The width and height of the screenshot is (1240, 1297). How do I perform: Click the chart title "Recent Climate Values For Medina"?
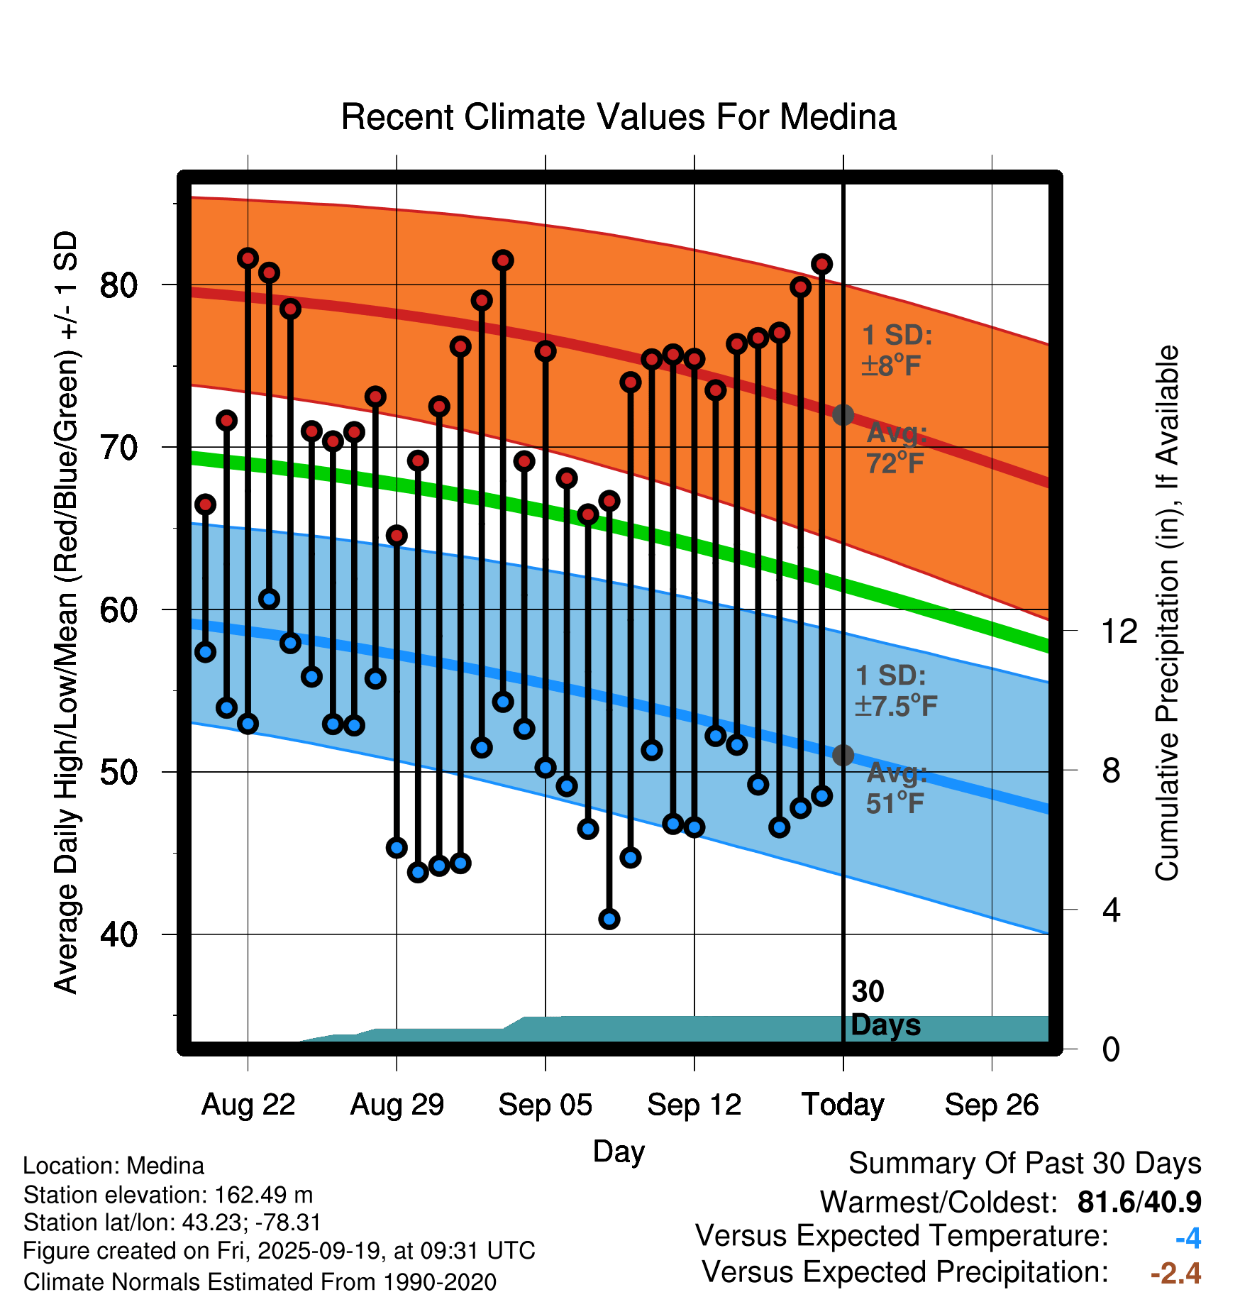pos(619,117)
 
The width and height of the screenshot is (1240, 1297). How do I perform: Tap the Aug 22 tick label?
pos(248,1105)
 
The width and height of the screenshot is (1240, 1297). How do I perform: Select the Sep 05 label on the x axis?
pos(545,1105)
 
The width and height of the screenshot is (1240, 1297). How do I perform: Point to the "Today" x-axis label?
pos(843,1105)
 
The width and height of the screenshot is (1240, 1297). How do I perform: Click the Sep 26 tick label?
pos(992,1105)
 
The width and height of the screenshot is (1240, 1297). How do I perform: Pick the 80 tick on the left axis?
pos(118,285)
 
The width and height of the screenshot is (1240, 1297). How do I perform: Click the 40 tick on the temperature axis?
pos(118,934)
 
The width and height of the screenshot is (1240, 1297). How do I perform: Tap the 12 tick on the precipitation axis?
pos(1119,631)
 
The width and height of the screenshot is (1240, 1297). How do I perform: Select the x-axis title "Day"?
pos(619,1152)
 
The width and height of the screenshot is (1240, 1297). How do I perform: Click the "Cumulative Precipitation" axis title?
pos(1167,614)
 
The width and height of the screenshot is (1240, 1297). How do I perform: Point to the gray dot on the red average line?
pos(843,415)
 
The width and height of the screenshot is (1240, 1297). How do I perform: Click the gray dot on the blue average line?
pos(843,755)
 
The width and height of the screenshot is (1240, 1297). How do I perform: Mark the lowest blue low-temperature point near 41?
pos(609,920)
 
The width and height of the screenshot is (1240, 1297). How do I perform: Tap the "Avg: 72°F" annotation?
pos(896,448)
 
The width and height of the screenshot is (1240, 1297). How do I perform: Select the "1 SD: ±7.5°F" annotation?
pos(895,690)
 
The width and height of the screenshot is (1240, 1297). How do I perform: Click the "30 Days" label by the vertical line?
pos(885,1008)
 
